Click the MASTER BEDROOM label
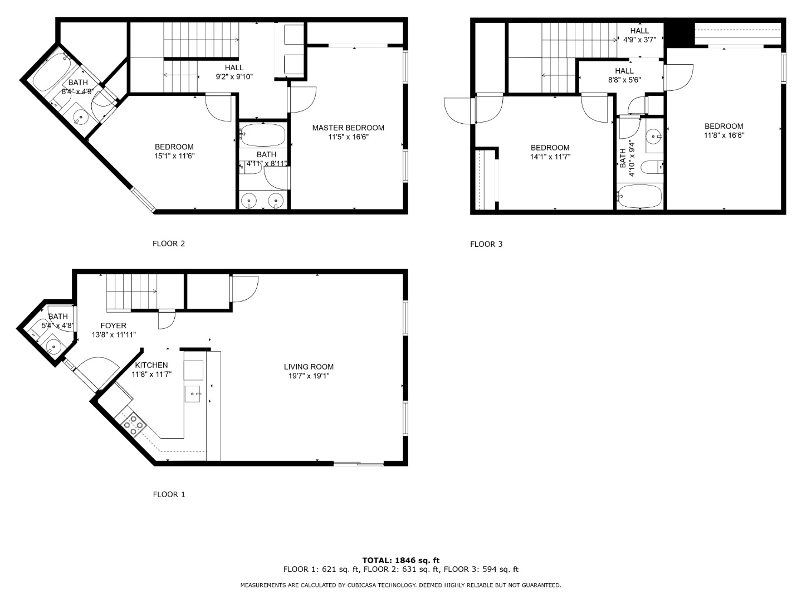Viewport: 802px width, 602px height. tap(348, 128)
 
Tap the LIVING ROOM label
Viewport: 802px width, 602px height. tap(309, 367)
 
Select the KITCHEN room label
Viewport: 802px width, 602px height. tap(151, 365)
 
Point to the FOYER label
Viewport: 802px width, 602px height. tap(114, 326)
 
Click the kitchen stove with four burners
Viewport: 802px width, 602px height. tap(133, 425)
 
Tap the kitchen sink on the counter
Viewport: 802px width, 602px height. tap(192, 394)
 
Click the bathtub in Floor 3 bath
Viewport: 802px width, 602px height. tap(639, 196)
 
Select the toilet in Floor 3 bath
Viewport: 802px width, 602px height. tap(652, 167)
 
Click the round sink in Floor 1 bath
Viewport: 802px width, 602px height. tap(53, 346)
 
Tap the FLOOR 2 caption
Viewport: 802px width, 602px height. tap(169, 244)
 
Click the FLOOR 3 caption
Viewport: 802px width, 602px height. tap(486, 244)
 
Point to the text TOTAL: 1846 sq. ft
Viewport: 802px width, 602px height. tap(401, 560)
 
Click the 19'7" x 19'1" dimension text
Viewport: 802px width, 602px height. tap(309, 376)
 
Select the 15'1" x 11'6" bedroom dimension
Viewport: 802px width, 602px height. tap(174, 156)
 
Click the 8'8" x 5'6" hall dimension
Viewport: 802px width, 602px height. tap(624, 80)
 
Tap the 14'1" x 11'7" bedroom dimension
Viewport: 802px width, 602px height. tap(550, 157)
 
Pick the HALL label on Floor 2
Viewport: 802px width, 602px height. tap(234, 67)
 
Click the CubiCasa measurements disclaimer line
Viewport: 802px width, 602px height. tap(401, 585)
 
